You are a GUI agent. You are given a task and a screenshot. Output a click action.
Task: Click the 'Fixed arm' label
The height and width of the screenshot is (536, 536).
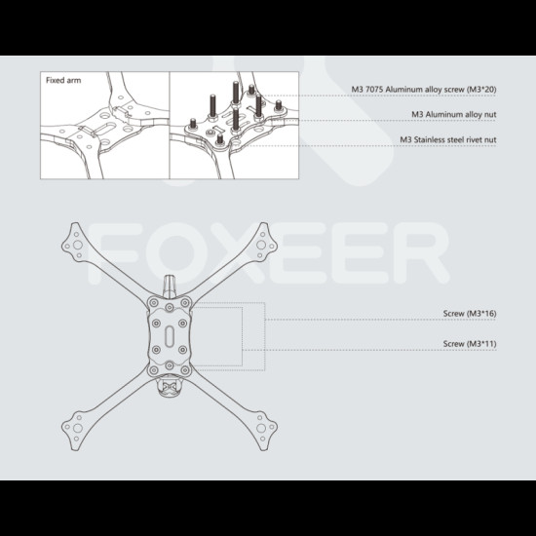[63, 80]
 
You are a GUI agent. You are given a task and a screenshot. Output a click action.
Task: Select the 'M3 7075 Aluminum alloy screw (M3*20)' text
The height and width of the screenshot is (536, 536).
[424, 90]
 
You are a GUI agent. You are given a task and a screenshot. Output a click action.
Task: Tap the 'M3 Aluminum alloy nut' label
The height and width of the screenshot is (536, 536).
[453, 115]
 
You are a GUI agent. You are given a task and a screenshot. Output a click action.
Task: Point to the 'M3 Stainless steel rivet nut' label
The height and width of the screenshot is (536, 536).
[448, 139]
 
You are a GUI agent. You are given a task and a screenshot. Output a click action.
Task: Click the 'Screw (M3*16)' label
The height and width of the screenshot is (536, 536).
[470, 314]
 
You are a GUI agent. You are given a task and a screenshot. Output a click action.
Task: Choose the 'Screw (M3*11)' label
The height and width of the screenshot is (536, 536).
[470, 344]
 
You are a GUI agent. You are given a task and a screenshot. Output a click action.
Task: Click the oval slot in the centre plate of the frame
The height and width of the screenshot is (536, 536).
[170, 336]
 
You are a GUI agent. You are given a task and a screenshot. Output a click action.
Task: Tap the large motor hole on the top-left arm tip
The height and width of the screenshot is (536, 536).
[78, 245]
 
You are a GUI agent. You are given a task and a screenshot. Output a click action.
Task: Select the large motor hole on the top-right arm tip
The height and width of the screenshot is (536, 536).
[261, 245]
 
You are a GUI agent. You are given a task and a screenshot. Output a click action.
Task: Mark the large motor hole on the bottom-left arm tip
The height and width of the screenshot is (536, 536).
[78, 428]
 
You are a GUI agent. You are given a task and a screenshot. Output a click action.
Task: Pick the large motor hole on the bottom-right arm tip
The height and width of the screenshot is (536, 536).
[261, 428]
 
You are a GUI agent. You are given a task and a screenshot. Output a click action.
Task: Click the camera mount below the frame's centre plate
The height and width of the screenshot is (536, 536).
[170, 387]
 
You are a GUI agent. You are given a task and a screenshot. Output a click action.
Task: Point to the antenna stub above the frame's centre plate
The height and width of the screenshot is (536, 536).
[170, 286]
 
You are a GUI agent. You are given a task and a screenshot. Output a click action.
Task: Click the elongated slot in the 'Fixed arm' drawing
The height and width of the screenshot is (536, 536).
[106, 130]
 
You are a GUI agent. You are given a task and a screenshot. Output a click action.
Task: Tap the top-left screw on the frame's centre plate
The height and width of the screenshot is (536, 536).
[154, 302]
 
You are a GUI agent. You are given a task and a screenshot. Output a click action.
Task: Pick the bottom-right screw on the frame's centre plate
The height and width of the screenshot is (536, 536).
[185, 370]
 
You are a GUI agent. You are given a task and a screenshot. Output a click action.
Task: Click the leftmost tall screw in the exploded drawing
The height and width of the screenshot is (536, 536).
[212, 107]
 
